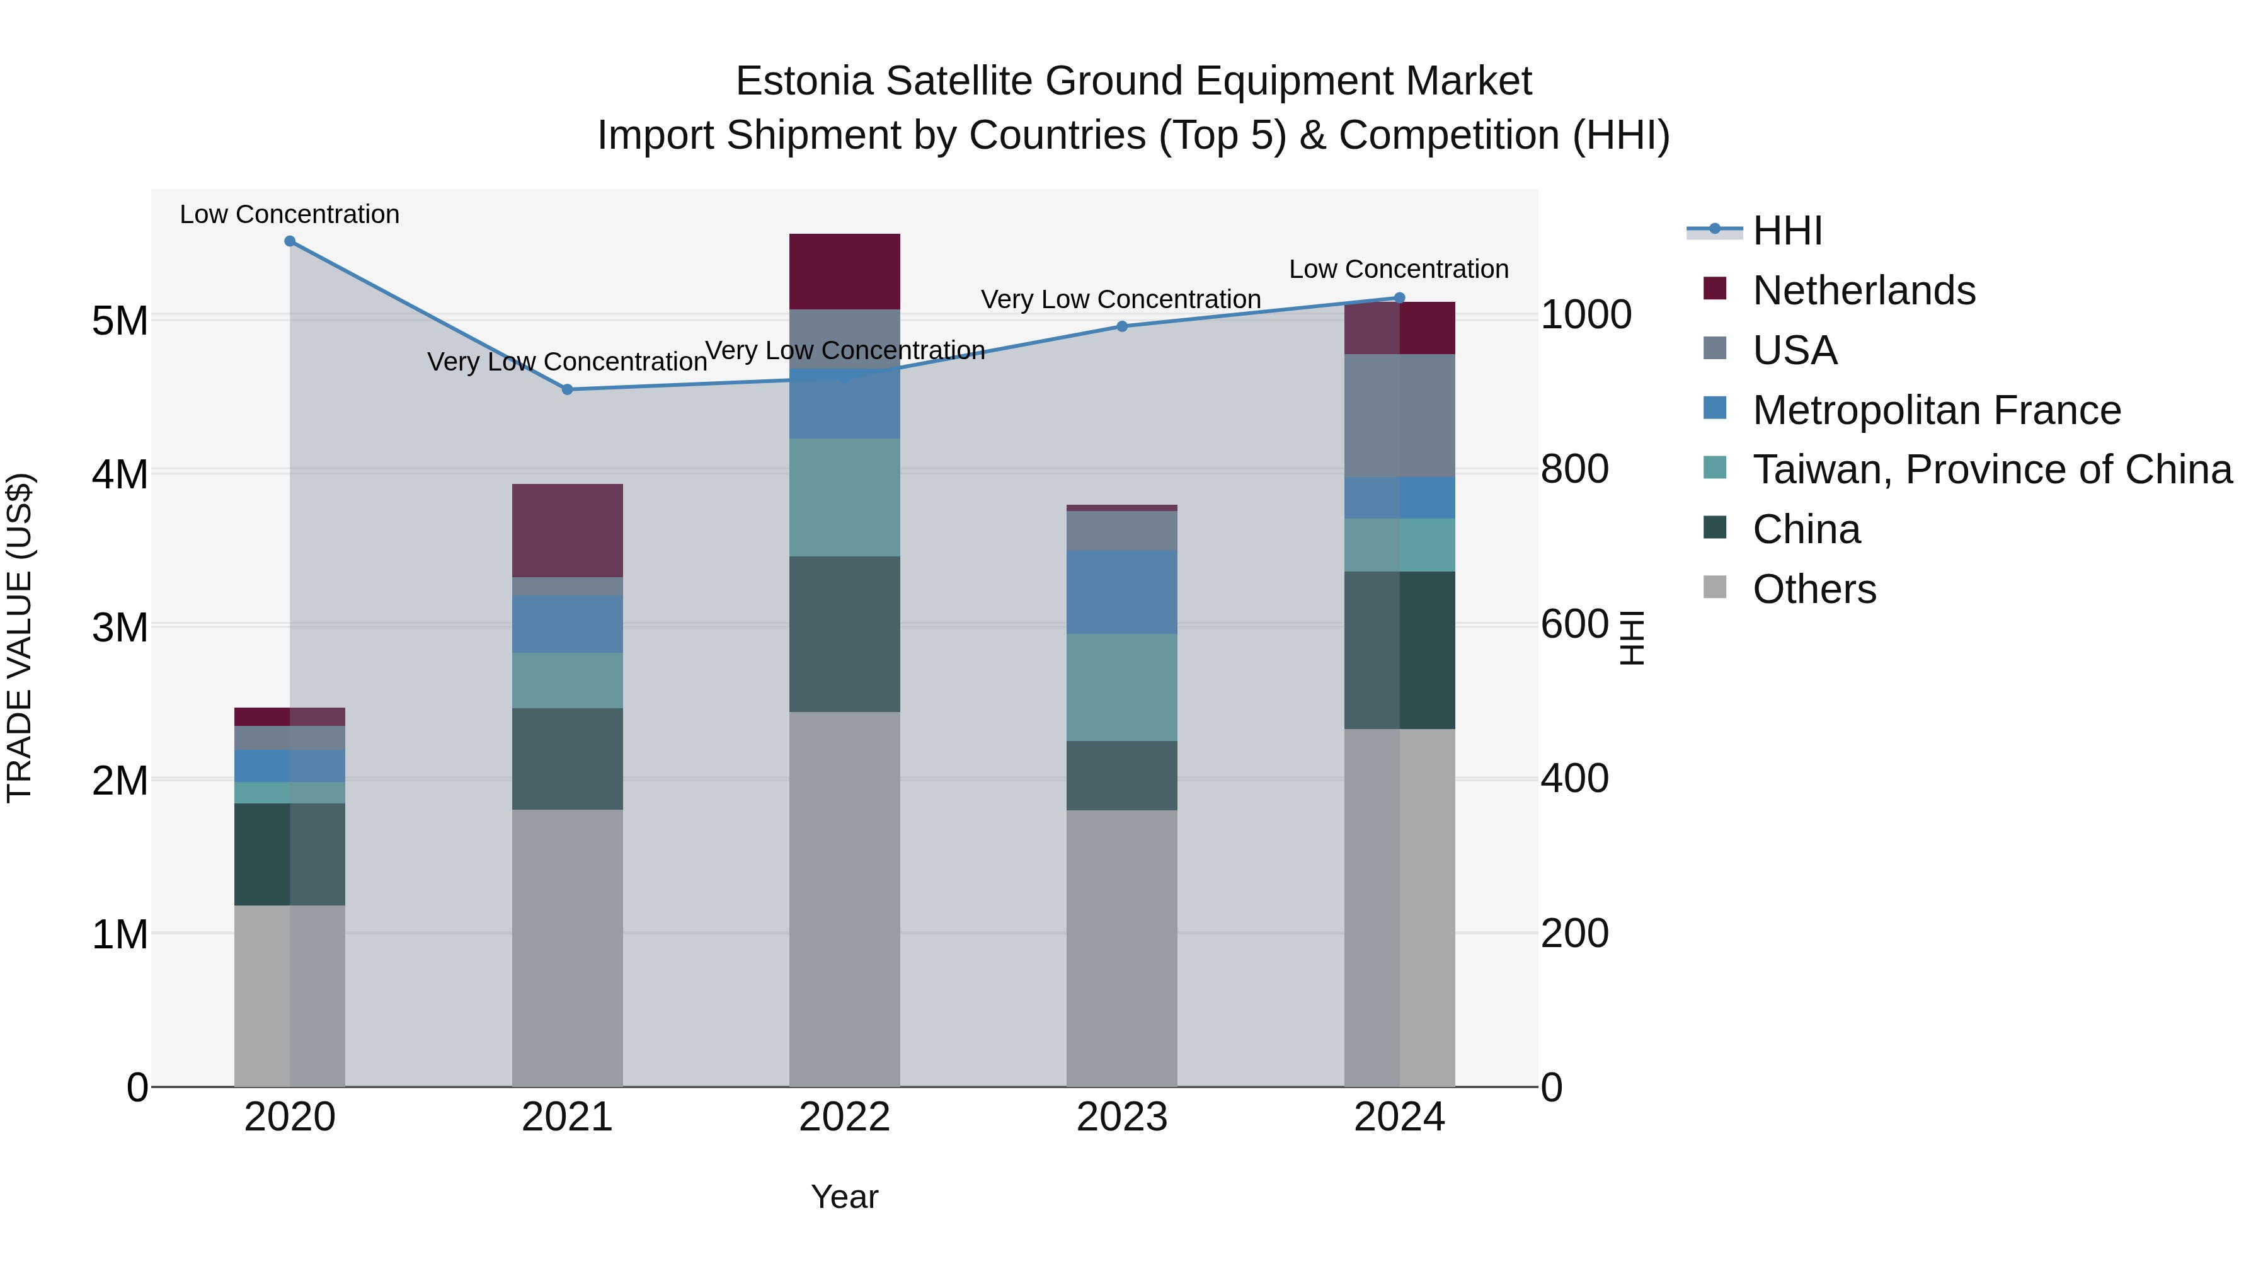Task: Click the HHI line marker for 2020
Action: tap(290, 241)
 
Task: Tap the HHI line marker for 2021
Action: tap(567, 389)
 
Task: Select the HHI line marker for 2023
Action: tap(1121, 326)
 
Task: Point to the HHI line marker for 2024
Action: tap(1399, 297)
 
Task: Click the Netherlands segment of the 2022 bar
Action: tap(844, 271)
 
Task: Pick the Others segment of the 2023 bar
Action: tap(1121, 948)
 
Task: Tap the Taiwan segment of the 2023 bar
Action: tap(1121, 687)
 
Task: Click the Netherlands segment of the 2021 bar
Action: tap(567, 530)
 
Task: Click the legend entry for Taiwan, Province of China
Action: tap(1991, 470)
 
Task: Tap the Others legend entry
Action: tap(1814, 589)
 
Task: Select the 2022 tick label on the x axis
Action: tap(844, 1117)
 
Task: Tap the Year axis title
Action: tap(844, 1197)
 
